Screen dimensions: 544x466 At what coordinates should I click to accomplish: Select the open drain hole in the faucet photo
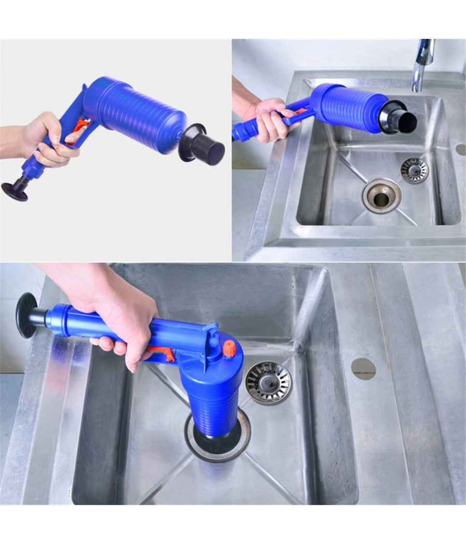click(382, 195)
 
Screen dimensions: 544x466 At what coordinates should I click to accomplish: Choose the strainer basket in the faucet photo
click(414, 170)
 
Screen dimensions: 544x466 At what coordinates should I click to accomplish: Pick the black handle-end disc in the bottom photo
click(26, 315)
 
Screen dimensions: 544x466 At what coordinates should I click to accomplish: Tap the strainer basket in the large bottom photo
click(268, 382)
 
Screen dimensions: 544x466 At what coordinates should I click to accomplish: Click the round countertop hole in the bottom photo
click(363, 368)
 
